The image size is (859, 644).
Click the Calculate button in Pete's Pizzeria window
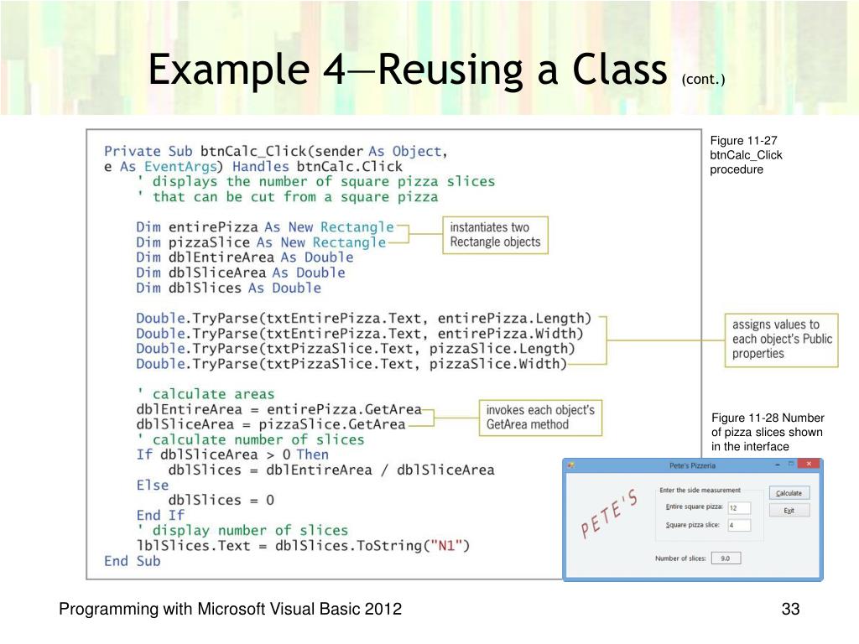pos(789,493)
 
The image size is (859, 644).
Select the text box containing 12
pos(739,507)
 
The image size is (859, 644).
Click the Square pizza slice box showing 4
pos(739,526)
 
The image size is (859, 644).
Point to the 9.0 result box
pos(725,558)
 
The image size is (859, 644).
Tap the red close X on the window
pos(809,464)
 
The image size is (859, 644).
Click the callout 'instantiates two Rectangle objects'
pos(495,235)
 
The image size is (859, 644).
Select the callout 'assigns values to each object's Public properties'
pos(781,339)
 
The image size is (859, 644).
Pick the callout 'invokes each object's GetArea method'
pos(540,418)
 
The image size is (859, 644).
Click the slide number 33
pos(789,610)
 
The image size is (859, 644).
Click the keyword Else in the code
pos(152,485)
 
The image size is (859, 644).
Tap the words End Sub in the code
pos(132,561)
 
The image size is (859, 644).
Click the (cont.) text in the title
pos(703,79)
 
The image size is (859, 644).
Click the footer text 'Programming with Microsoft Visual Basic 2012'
pos(230,610)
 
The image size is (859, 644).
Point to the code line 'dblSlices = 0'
pos(221,500)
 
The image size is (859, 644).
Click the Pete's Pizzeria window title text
pos(692,465)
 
